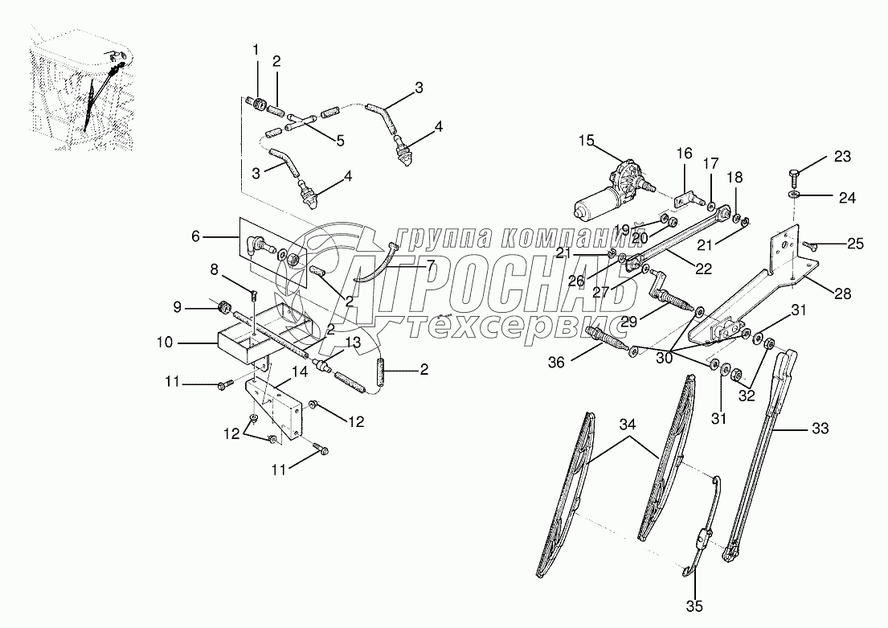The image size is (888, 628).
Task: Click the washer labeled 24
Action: pos(793,195)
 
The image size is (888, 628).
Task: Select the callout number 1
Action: pos(256,51)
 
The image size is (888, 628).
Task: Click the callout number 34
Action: pos(628,425)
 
